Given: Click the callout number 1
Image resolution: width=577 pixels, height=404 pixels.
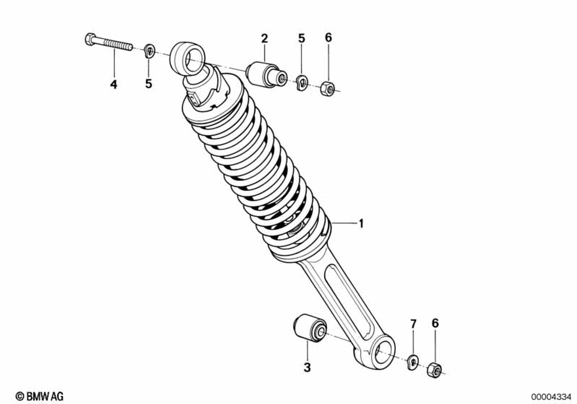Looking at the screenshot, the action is pyautogui.click(x=361, y=223).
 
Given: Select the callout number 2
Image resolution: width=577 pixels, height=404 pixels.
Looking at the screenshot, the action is pyautogui.click(x=264, y=39).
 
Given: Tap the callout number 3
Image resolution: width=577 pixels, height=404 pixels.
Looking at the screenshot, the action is pyautogui.click(x=307, y=367).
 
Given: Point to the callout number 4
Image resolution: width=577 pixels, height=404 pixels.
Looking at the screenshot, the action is pyautogui.click(x=114, y=84).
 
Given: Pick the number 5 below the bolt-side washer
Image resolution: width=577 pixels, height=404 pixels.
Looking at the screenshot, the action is pyautogui.click(x=148, y=84).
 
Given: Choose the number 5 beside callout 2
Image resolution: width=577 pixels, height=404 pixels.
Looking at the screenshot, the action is pyautogui.click(x=301, y=39).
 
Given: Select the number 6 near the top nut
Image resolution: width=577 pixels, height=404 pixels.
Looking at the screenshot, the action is pyautogui.click(x=328, y=38).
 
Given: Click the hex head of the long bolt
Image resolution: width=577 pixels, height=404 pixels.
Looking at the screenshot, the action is pyautogui.click(x=90, y=40).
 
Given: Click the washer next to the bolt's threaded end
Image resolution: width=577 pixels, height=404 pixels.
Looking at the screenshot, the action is pyautogui.click(x=148, y=51).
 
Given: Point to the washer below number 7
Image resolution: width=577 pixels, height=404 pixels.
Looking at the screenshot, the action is pyautogui.click(x=413, y=362).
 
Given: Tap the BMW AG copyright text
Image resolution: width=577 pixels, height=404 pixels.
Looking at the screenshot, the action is pyautogui.click(x=39, y=395).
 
